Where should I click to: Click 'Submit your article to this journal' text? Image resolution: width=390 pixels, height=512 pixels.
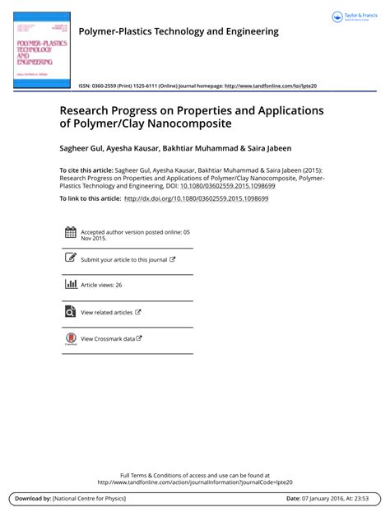click(124, 259)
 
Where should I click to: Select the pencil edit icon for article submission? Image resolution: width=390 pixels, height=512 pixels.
click(70, 258)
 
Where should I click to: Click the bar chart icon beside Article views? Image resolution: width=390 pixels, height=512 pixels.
click(70, 285)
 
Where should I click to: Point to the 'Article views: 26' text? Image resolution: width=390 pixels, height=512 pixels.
click(101, 285)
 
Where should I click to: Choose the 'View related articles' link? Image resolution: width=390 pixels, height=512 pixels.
click(107, 312)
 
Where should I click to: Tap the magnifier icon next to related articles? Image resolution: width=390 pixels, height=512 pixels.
click(70, 312)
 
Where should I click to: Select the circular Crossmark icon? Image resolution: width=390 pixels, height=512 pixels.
click(70, 338)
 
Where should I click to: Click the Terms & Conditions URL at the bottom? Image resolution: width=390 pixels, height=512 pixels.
click(195, 482)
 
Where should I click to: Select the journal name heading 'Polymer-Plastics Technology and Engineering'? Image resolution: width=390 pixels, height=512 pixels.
click(178, 31)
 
